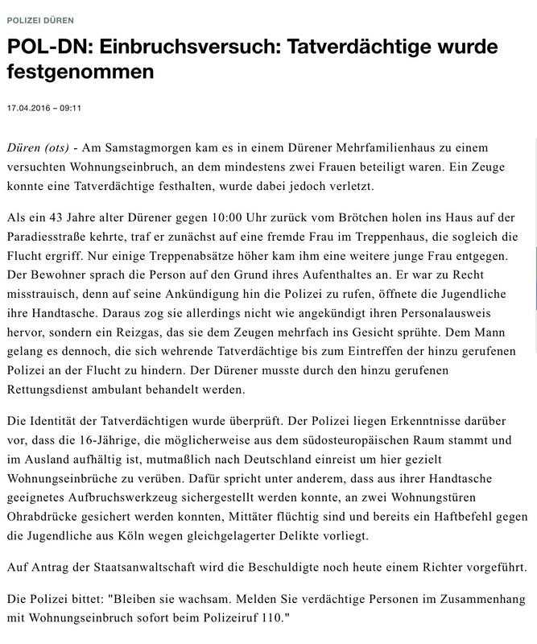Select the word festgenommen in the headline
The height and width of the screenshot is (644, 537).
80,73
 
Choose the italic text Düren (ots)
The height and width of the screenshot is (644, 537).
38,150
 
